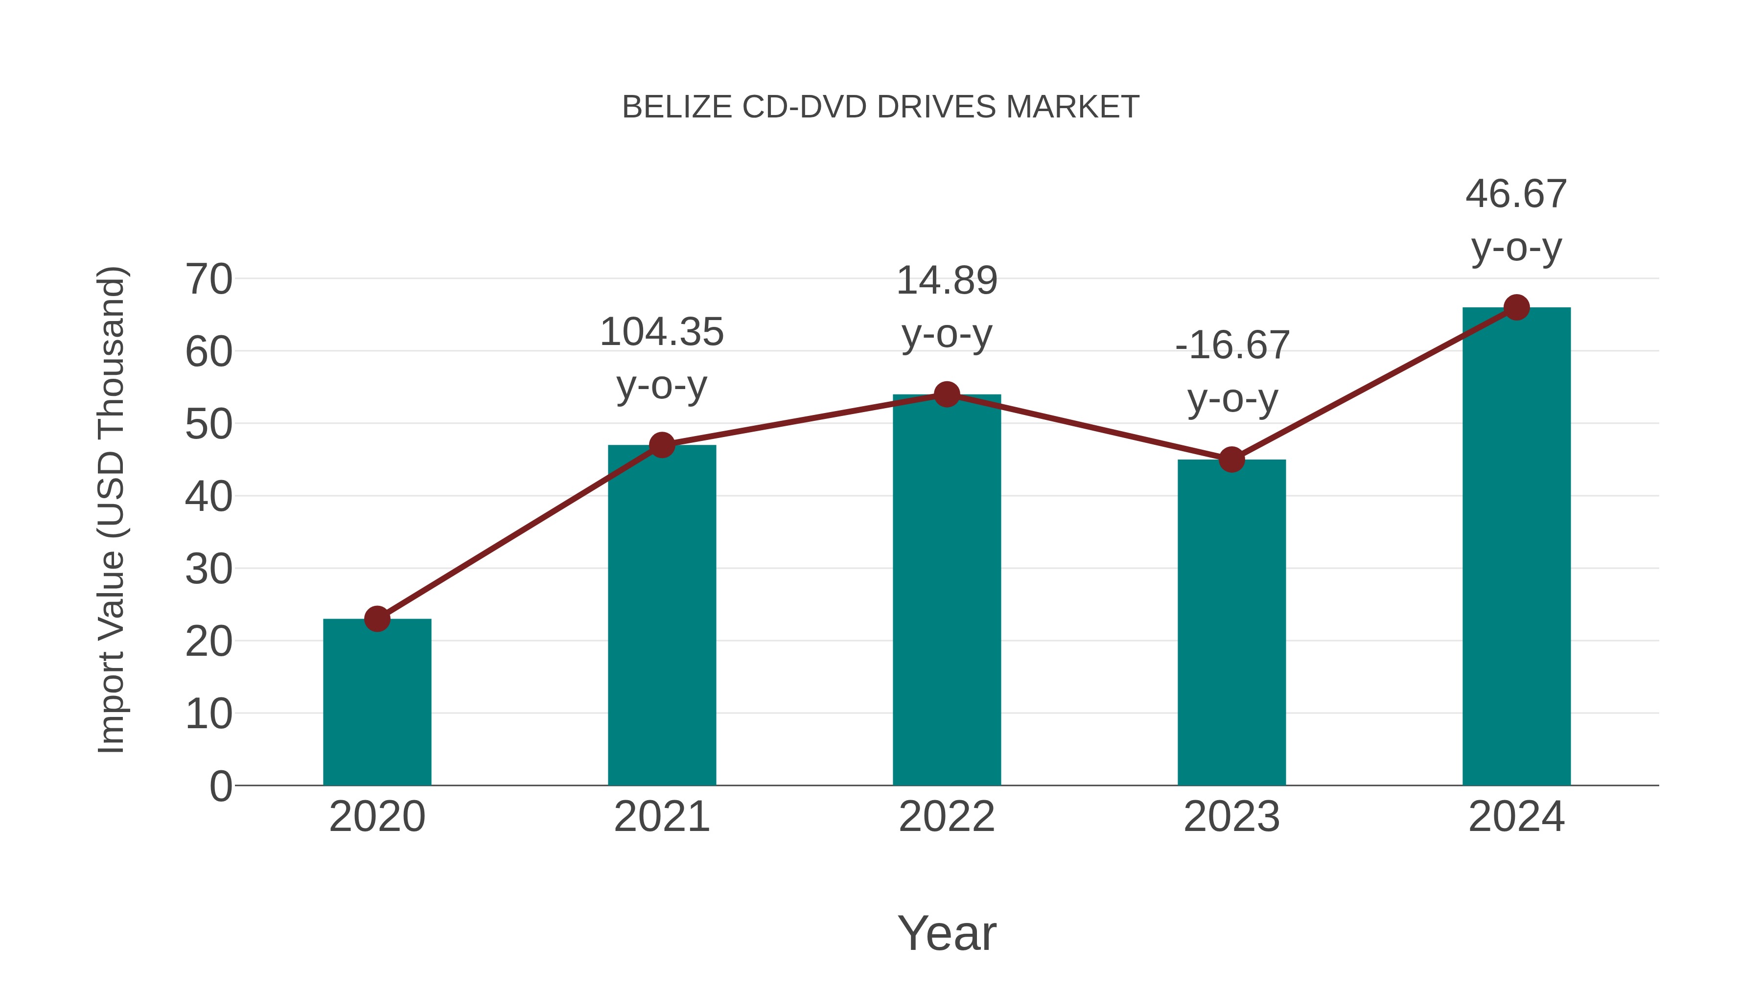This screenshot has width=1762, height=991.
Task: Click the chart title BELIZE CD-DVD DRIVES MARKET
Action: (881, 107)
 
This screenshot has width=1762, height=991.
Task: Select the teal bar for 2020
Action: (377, 704)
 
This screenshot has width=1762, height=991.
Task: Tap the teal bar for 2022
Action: (947, 595)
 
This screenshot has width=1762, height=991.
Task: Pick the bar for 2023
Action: (1231, 626)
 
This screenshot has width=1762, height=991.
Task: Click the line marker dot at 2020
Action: (377, 619)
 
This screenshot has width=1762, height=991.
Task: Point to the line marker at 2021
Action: (661, 445)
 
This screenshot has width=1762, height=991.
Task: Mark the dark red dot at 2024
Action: (1516, 308)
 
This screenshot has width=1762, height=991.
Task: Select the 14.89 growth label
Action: (947, 281)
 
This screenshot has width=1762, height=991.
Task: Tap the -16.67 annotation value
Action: (1232, 346)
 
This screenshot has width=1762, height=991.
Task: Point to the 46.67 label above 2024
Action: (1516, 194)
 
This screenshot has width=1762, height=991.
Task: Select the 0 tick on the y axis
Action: (220, 786)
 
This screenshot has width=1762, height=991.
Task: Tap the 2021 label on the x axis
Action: (661, 817)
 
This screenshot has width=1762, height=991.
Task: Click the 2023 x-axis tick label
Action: (1231, 817)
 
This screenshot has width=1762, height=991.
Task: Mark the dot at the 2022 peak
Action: (947, 394)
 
